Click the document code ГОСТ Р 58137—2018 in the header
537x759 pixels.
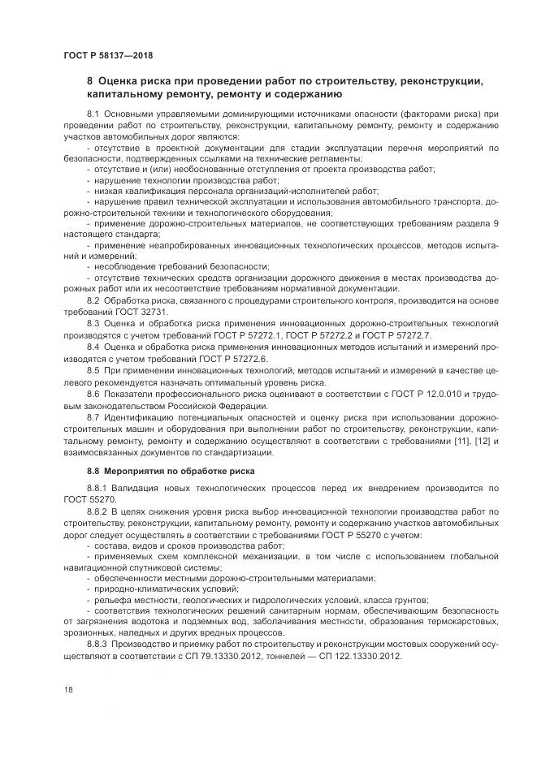pos(108,56)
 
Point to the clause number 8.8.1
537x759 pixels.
pos(97,488)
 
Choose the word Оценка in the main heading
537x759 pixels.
pos(121,83)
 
